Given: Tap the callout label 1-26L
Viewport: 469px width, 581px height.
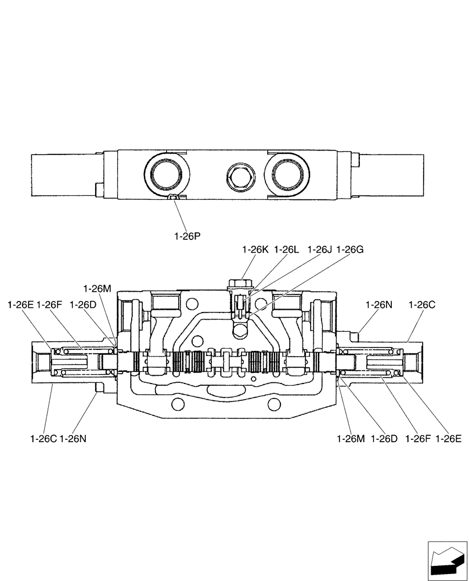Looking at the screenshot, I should click(x=287, y=249).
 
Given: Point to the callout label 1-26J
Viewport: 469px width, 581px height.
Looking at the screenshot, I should click(x=320, y=249).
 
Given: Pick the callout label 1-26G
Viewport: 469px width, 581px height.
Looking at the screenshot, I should click(x=350, y=249).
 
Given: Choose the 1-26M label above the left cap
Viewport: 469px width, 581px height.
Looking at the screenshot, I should click(x=97, y=288).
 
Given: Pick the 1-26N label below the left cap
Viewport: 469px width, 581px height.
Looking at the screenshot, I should click(x=73, y=438).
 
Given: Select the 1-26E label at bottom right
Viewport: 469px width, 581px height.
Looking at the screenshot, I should click(x=449, y=438).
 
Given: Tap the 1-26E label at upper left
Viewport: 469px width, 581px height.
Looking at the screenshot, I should click(x=21, y=304).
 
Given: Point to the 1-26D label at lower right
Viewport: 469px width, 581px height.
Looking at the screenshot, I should click(x=385, y=438).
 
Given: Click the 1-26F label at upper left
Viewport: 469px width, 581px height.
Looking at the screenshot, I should click(x=49, y=304).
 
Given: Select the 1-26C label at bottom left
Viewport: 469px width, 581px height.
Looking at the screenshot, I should click(x=43, y=438).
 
